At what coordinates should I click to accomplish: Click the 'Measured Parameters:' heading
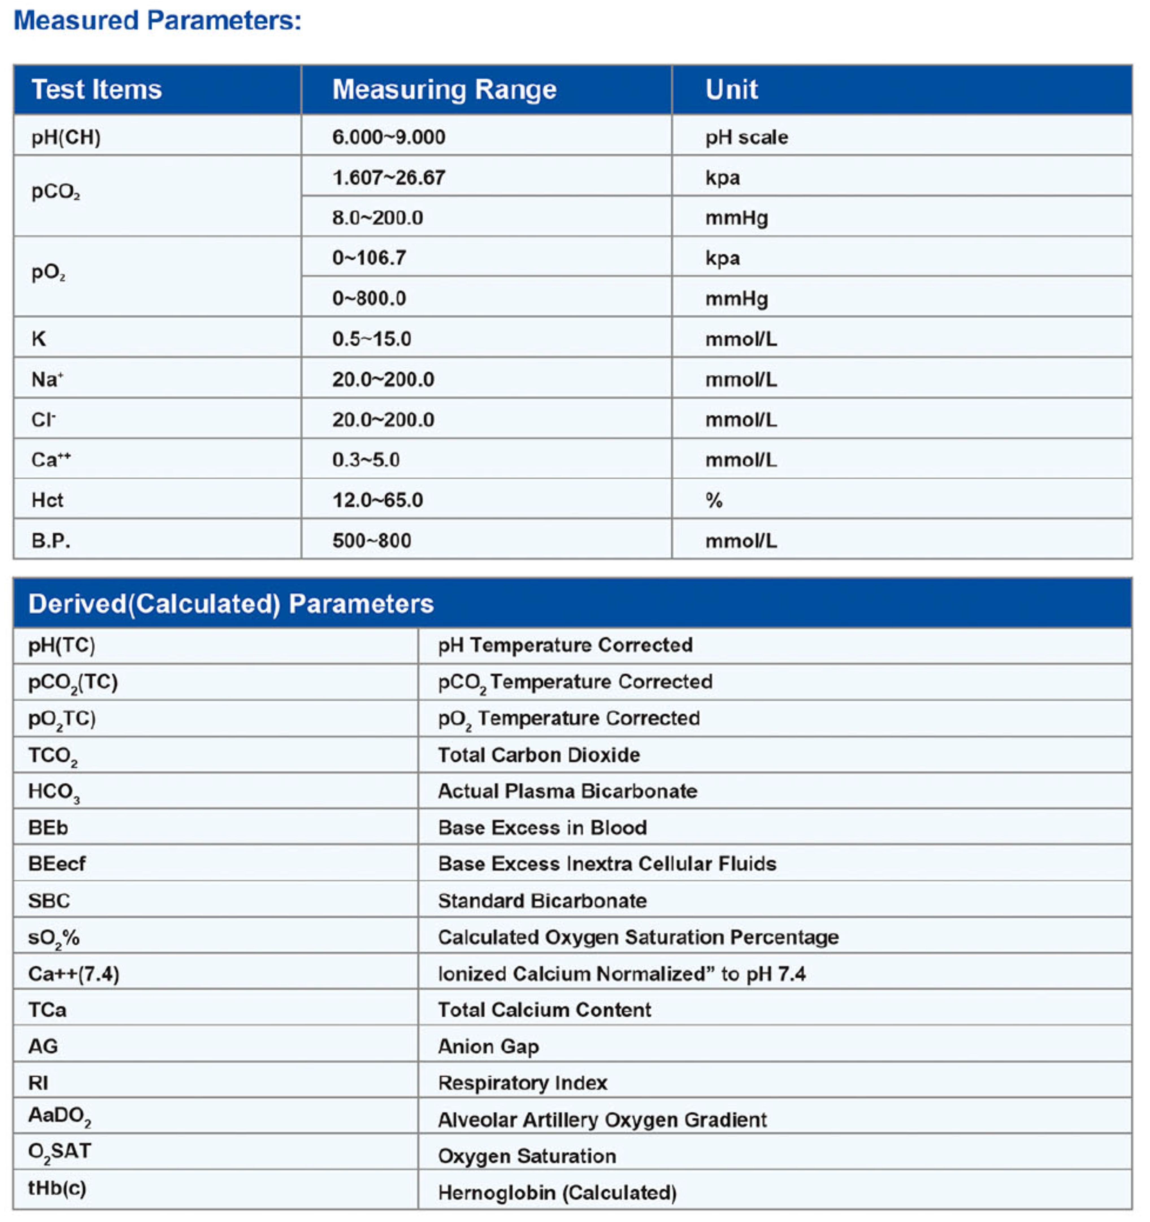[x=157, y=20]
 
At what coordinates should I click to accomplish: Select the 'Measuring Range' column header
[x=444, y=90]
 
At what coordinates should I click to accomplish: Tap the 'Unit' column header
[x=731, y=90]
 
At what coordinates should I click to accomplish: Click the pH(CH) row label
[x=66, y=137]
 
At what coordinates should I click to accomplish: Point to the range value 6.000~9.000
[x=389, y=137]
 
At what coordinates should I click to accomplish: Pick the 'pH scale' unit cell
[x=746, y=137]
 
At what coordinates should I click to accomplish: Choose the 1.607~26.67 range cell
[x=389, y=178]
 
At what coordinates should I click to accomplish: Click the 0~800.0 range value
[x=369, y=299]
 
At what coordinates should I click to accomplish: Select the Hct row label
[x=47, y=500]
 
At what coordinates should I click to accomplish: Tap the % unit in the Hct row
[x=713, y=500]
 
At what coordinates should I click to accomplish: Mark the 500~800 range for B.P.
[x=372, y=541]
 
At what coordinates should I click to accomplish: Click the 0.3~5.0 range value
[x=366, y=460]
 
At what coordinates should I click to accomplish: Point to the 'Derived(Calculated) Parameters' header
[x=231, y=604]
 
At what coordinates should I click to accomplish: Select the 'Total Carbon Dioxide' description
[x=539, y=755]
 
